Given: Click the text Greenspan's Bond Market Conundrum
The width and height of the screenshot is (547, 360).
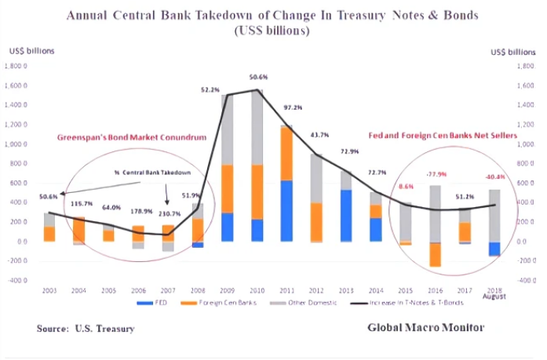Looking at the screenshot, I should click(x=131, y=137).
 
